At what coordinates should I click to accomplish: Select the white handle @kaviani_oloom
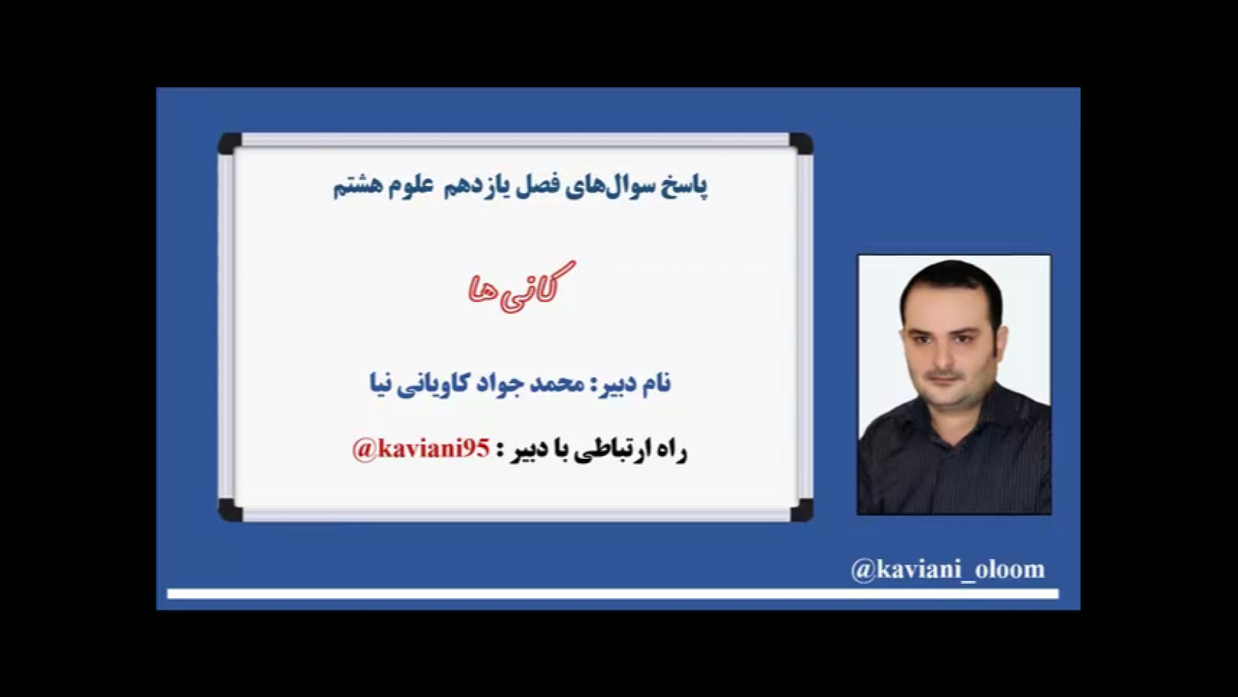click(948, 570)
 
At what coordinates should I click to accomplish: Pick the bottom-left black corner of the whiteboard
click(230, 509)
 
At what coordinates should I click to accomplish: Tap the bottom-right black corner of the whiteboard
click(800, 509)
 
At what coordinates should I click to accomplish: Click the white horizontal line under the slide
click(613, 594)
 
